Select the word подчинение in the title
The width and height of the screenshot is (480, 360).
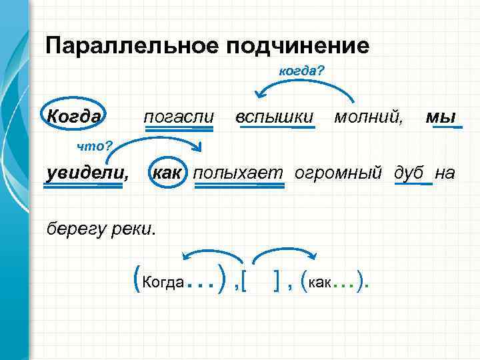[x=297, y=46]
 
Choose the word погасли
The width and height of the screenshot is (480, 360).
[x=179, y=117]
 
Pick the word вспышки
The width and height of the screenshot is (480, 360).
[x=275, y=117]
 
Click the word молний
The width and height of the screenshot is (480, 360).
[x=368, y=117]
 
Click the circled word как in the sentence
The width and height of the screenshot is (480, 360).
[x=168, y=173]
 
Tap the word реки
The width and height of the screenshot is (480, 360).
[x=135, y=229]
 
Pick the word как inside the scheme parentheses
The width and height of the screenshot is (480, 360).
[x=319, y=283]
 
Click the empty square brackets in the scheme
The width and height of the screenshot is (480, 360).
[x=261, y=284]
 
